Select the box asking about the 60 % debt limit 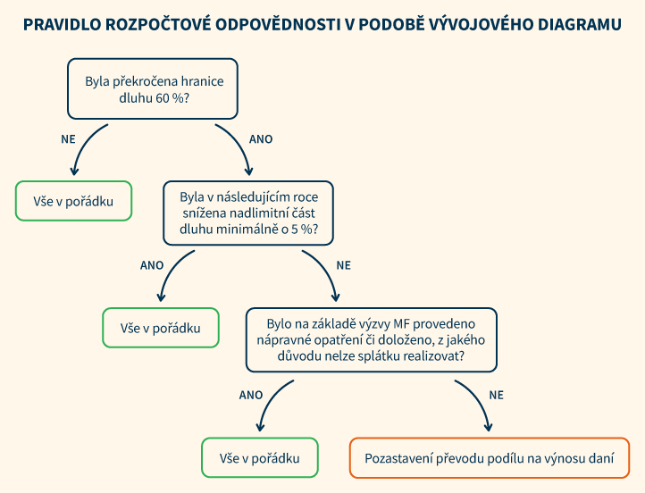click(x=153, y=88)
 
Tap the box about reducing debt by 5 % click(x=248, y=213)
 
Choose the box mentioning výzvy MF click(x=371, y=340)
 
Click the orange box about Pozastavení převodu click(x=490, y=458)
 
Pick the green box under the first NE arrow click(x=73, y=201)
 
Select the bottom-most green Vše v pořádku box click(x=260, y=458)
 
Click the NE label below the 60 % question click(x=68, y=139)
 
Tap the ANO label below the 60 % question click(x=261, y=139)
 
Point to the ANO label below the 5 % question click(x=152, y=265)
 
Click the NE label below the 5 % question click(x=343, y=265)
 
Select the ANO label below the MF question click(x=251, y=395)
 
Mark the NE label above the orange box click(x=496, y=395)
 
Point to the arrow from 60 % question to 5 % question click(x=239, y=145)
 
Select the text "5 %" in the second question click(x=302, y=230)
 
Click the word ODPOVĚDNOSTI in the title click(x=278, y=25)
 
